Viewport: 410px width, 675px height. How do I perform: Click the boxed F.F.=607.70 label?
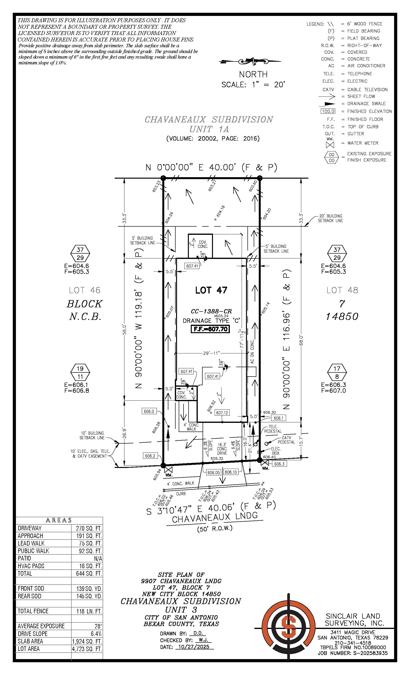point(210,329)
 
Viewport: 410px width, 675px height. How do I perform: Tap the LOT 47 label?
point(211,290)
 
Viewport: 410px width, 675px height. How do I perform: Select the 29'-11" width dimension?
point(211,353)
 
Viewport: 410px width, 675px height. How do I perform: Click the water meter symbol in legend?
point(330,144)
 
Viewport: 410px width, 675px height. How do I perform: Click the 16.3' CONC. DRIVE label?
point(222,449)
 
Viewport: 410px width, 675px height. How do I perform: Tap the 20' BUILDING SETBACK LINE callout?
point(330,218)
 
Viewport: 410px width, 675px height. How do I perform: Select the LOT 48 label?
point(342,290)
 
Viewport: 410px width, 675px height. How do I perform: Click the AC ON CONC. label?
point(252,351)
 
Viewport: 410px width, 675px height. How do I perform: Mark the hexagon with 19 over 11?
point(80,372)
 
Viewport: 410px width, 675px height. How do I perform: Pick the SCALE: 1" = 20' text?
point(253,85)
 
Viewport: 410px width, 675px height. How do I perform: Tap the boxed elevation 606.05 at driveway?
point(213,472)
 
